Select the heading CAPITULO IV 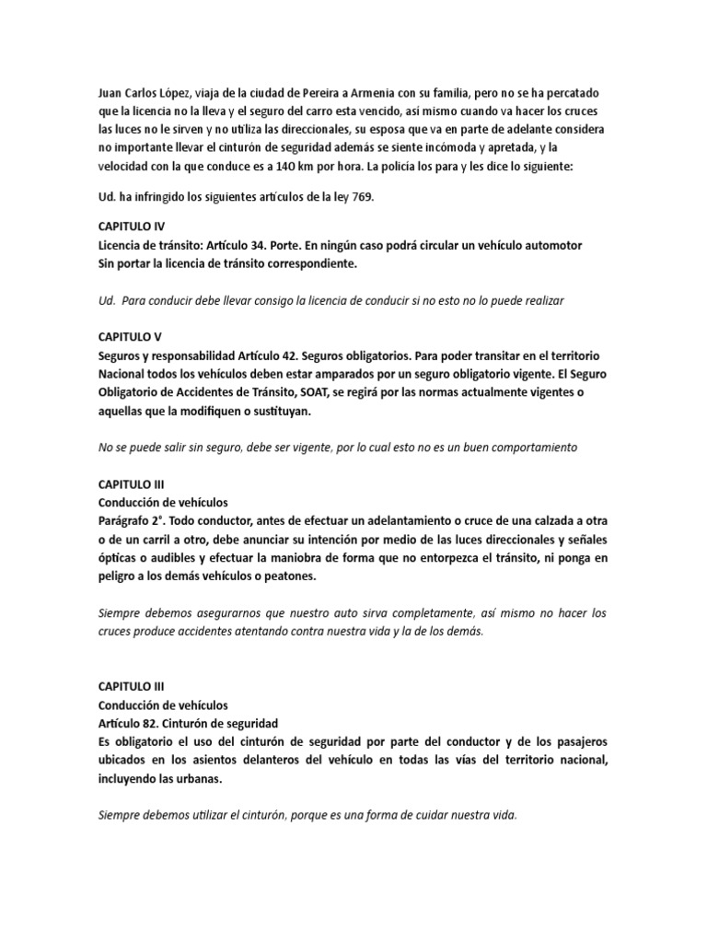(x=132, y=226)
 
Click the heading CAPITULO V (x=131, y=336)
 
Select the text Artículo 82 (x=134, y=724)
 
